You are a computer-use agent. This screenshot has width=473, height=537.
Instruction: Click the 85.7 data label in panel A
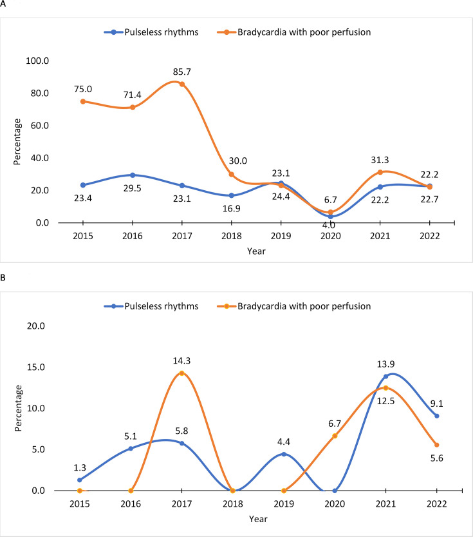[x=182, y=72]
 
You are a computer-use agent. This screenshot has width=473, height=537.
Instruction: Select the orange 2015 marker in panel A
[x=83, y=101]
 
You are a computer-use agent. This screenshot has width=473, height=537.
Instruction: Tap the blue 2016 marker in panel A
[x=133, y=175]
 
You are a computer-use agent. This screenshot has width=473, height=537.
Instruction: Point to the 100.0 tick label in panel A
[x=37, y=61]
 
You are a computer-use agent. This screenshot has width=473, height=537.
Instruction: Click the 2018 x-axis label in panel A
[x=232, y=236]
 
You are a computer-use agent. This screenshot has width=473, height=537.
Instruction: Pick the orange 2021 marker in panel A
[x=380, y=172]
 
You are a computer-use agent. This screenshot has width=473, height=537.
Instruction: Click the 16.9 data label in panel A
[x=232, y=209]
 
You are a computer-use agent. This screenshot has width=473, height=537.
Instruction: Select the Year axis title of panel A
[x=256, y=251]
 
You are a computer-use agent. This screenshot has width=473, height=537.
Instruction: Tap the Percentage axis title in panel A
[x=17, y=142]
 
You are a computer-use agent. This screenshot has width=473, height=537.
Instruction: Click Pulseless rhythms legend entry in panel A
[x=151, y=32]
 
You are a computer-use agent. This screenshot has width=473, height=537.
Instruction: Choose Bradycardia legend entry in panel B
[x=294, y=306]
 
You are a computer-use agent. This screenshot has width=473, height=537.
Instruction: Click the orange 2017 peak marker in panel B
[x=182, y=373]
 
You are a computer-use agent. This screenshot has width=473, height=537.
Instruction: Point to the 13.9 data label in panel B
[x=386, y=364]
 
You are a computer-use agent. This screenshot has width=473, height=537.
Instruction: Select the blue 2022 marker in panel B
[x=437, y=416]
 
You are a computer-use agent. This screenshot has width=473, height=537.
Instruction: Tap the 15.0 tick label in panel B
[x=36, y=367]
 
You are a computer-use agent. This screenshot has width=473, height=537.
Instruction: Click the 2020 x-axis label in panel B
[x=335, y=503]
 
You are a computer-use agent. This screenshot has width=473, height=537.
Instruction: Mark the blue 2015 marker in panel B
[x=80, y=480]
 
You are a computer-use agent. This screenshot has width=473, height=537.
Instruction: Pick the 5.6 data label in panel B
[x=437, y=458]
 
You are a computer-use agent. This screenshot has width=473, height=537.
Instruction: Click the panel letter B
[x=3, y=277]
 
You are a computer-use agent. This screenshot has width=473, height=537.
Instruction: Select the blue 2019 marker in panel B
[x=284, y=454]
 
